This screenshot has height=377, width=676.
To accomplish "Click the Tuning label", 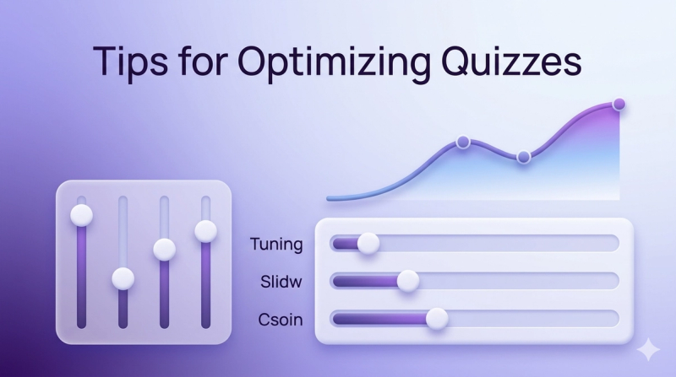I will [x=276, y=245].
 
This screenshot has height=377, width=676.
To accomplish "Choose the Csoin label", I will [x=281, y=319].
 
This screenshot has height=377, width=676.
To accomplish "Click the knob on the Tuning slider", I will [x=368, y=244].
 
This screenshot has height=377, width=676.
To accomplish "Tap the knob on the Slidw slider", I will [x=407, y=281].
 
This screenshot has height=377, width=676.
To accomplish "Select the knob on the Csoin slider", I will [x=436, y=318].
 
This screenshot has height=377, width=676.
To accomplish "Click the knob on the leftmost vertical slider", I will [x=81, y=214].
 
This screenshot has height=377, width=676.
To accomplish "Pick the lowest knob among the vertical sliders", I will [x=123, y=277].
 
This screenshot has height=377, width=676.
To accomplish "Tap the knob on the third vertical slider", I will [x=164, y=249].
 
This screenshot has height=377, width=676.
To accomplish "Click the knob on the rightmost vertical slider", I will [x=205, y=229].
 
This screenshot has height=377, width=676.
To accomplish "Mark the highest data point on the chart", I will [x=619, y=105].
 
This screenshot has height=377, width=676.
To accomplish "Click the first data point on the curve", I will [x=462, y=142].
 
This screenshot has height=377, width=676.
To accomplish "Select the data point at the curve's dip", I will [x=523, y=157].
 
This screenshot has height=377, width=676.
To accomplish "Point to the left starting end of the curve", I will [x=330, y=198].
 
